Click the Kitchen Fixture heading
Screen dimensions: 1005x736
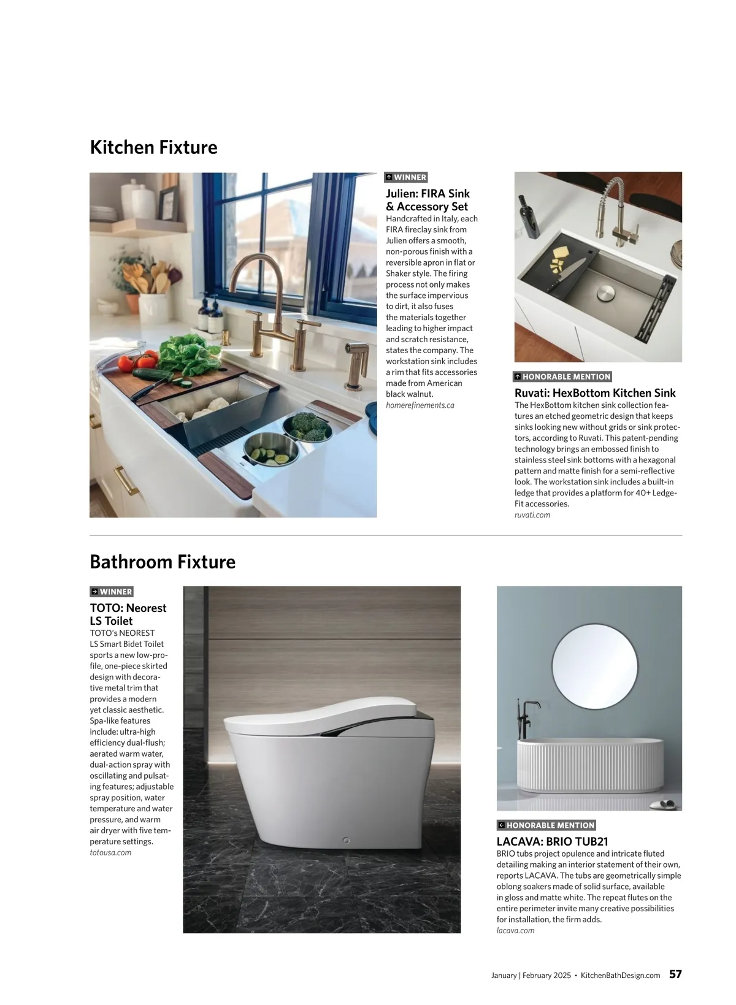(153, 148)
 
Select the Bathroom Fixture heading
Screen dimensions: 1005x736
(163, 562)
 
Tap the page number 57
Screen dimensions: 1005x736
(675, 974)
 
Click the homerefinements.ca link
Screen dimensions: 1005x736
(420, 405)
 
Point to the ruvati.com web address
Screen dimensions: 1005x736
(532, 515)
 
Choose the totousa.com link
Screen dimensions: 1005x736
(110, 852)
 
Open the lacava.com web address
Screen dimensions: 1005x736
(515, 930)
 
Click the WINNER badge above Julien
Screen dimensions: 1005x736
(406, 177)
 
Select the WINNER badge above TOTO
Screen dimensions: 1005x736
(112, 592)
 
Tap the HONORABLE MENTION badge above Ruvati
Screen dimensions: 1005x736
(562, 376)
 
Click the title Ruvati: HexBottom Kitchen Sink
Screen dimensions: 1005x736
(594, 393)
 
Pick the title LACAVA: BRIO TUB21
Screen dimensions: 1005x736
(552, 842)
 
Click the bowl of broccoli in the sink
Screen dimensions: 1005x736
(312, 424)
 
